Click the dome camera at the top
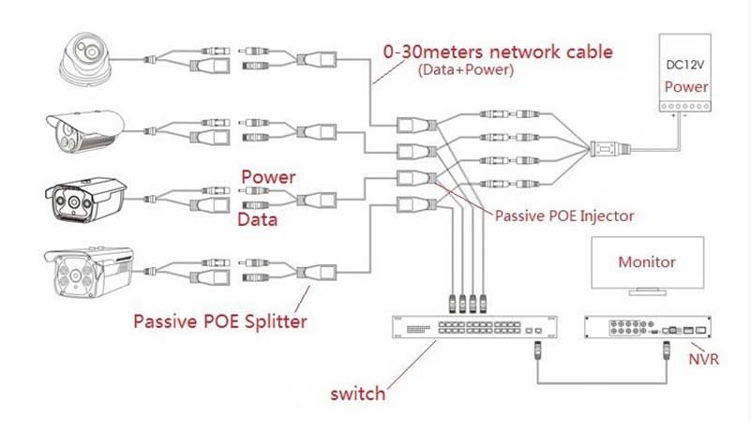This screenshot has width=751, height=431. coord(86,60)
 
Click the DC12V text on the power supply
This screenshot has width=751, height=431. coord(685,65)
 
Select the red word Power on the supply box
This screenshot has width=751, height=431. coord(686,87)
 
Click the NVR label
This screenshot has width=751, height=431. coord(703,359)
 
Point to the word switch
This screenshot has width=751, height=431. coord(358,394)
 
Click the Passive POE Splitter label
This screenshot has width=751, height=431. coord(219,321)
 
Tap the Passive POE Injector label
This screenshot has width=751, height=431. coord(564,216)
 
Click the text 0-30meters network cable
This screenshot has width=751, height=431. coord(498,52)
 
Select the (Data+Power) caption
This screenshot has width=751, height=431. coord(466,70)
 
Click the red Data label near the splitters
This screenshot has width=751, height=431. coord(257,219)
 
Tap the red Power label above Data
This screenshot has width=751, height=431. coord(268,177)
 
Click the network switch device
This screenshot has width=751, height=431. coord(474,327)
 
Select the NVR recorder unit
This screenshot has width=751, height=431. coord(648,327)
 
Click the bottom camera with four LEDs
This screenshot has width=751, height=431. coord(89,271)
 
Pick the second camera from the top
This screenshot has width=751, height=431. coord(85,131)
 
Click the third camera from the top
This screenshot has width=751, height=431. coord(86,200)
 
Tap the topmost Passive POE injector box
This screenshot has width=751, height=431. coord(416,126)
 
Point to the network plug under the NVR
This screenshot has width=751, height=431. coord(667,350)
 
